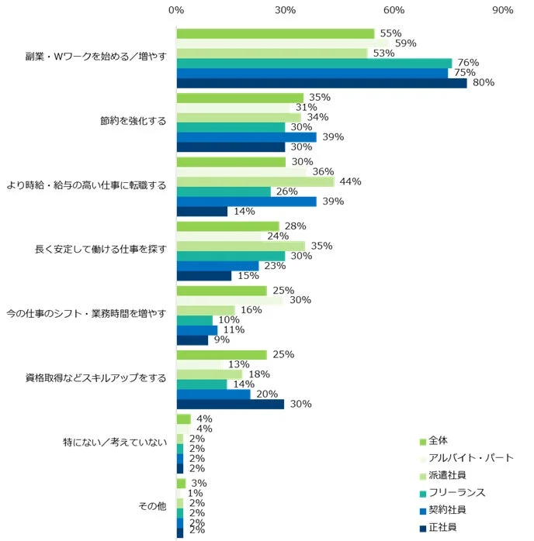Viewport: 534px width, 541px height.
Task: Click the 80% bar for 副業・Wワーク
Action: [x=321, y=83]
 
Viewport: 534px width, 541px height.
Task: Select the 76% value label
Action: [x=468, y=63]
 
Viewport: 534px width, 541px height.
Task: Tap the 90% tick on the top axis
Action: [x=503, y=10]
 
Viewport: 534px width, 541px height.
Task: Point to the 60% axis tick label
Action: [x=394, y=10]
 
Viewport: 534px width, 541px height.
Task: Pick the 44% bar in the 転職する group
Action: [x=255, y=181]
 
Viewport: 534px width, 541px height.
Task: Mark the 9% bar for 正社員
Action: [x=192, y=339]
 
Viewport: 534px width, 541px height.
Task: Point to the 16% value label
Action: [x=249, y=310]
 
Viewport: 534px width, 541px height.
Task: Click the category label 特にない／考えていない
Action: [x=114, y=443]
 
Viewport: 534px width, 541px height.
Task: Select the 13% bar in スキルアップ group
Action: [x=199, y=364]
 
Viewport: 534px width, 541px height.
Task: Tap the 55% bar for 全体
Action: [x=276, y=33]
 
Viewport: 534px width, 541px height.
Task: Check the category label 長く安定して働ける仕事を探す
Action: [x=100, y=250]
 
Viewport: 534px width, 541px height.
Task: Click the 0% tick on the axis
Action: [x=176, y=10]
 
